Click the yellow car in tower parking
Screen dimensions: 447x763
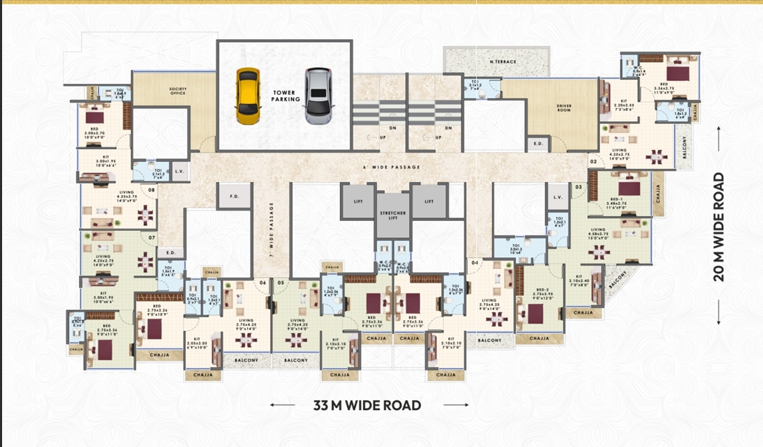(x=247, y=96)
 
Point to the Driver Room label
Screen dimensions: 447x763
(x=564, y=109)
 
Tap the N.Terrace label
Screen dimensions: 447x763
(x=503, y=62)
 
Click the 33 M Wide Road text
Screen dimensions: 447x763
(x=367, y=405)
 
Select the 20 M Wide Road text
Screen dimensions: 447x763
(x=719, y=227)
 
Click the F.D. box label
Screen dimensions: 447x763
(x=235, y=197)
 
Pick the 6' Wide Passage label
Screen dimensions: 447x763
(x=383, y=168)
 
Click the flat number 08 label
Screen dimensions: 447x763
(x=151, y=189)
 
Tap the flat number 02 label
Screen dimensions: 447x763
(x=593, y=162)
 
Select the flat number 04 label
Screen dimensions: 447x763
(x=475, y=263)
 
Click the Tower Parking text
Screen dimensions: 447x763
(x=286, y=96)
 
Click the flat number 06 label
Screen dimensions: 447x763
(x=263, y=282)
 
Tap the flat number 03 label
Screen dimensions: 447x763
(x=579, y=187)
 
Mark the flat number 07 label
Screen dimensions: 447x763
(x=151, y=238)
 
